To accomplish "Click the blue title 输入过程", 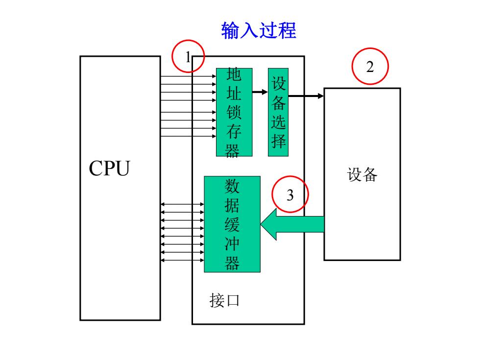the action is (259, 30).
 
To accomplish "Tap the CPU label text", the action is (109, 168).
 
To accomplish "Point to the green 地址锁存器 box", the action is (234, 112).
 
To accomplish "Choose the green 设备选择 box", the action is (278, 112).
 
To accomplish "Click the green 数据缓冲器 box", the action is (232, 224).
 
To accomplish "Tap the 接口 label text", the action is (224, 300).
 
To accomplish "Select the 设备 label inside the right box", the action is (362, 174).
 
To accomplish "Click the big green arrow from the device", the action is (292, 224).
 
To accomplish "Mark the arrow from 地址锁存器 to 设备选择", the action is (260, 92).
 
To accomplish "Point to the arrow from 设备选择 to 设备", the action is (306, 96).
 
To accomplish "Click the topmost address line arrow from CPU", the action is (188, 76).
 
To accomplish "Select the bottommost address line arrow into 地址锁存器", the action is (188, 136).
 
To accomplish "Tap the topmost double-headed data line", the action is (182, 204).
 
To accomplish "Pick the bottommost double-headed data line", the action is (182, 260).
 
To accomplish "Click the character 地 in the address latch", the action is (234, 74).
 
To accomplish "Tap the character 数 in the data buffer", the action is (232, 186).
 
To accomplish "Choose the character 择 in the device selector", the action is (278, 141).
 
